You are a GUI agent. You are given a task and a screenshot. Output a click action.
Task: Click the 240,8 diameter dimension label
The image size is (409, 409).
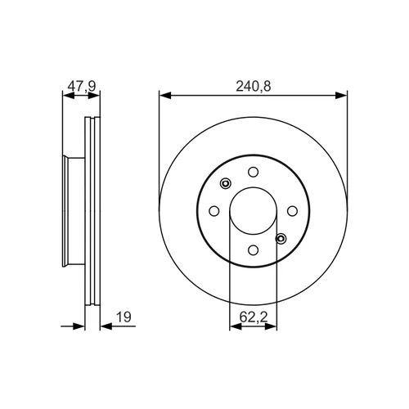[x=254, y=86]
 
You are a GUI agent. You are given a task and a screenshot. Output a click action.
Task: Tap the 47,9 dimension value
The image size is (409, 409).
[x=82, y=87]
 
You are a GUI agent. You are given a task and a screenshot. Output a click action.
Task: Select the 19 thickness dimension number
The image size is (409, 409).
[x=124, y=317]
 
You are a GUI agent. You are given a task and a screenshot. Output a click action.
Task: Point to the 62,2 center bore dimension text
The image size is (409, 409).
[x=254, y=317]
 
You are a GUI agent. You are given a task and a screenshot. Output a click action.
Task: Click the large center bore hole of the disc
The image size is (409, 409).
[x=253, y=211]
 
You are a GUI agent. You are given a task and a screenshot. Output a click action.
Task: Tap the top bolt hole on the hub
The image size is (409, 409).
[x=253, y=172]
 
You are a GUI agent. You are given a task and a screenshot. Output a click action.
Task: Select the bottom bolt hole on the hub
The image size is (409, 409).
[x=254, y=249]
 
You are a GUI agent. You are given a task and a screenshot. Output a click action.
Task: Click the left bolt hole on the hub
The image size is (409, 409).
[x=214, y=211]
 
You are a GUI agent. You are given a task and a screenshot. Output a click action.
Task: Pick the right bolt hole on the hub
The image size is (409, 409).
[x=292, y=211]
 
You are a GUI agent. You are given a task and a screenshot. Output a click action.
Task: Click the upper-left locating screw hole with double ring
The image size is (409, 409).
[x=226, y=183]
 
